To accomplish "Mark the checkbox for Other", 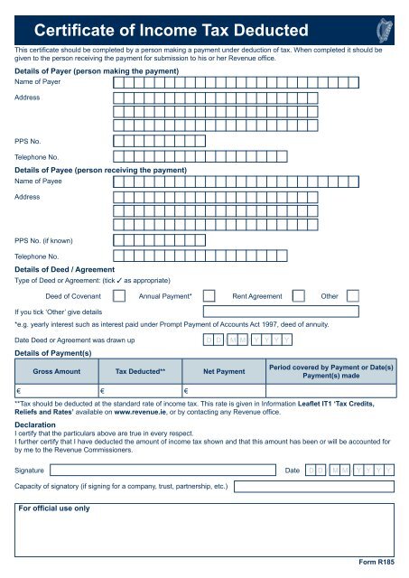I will (354, 295).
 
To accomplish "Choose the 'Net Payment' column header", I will (224, 371).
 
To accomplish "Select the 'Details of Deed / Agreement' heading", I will (64, 269).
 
